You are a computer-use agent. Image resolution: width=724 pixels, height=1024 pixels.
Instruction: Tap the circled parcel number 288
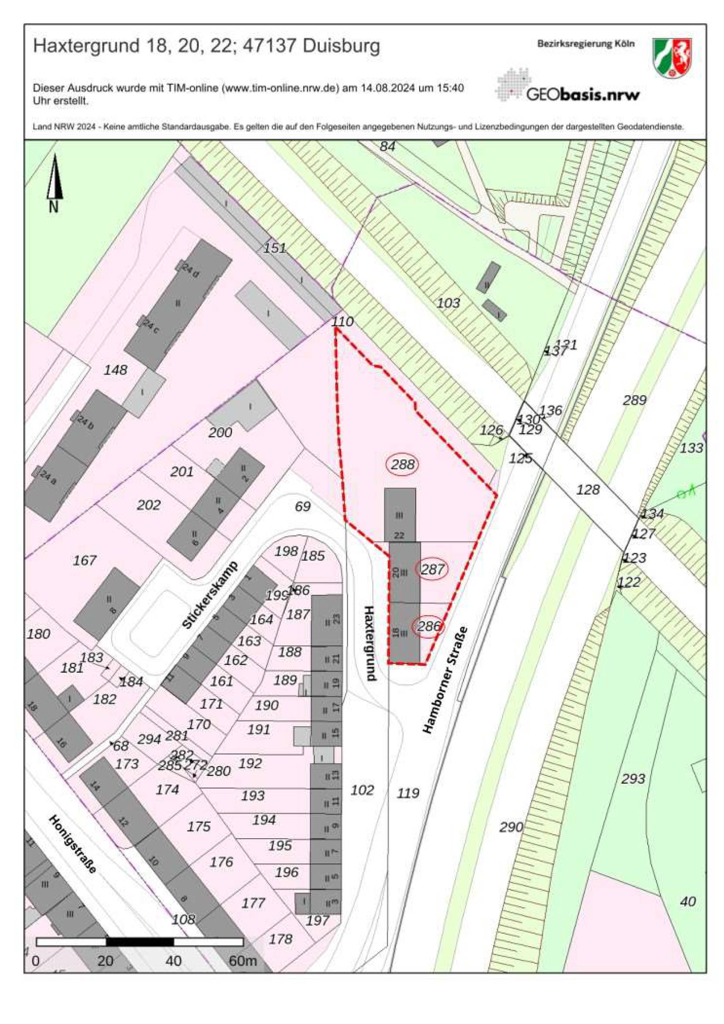pyautogui.click(x=403, y=465)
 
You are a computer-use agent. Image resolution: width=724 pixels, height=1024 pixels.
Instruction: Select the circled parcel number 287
pyautogui.click(x=432, y=569)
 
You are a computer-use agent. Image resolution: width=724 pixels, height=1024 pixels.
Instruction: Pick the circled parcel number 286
pyautogui.click(x=429, y=626)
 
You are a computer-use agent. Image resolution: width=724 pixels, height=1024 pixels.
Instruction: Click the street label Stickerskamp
pyautogui.click(x=211, y=595)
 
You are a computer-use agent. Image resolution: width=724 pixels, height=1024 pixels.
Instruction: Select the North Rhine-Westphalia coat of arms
pyautogui.click(x=672, y=58)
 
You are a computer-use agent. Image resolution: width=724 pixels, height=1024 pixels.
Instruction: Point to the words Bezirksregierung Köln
pyautogui.click(x=585, y=44)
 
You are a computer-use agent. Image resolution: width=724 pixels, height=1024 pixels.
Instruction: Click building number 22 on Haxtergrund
pyautogui.click(x=399, y=535)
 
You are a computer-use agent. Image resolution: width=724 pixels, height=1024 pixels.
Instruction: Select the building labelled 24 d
pyautogui.click(x=191, y=271)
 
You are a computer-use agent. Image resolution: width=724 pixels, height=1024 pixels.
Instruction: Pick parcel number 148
pyautogui.click(x=116, y=370)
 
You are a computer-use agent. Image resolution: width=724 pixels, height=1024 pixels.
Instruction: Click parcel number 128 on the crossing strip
pyautogui.click(x=588, y=490)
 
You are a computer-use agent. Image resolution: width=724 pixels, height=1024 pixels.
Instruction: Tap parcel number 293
pyautogui.click(x=633, y=779)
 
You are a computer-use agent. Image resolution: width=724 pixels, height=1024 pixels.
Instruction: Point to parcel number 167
pyautogui.click(x=85, y=560)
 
